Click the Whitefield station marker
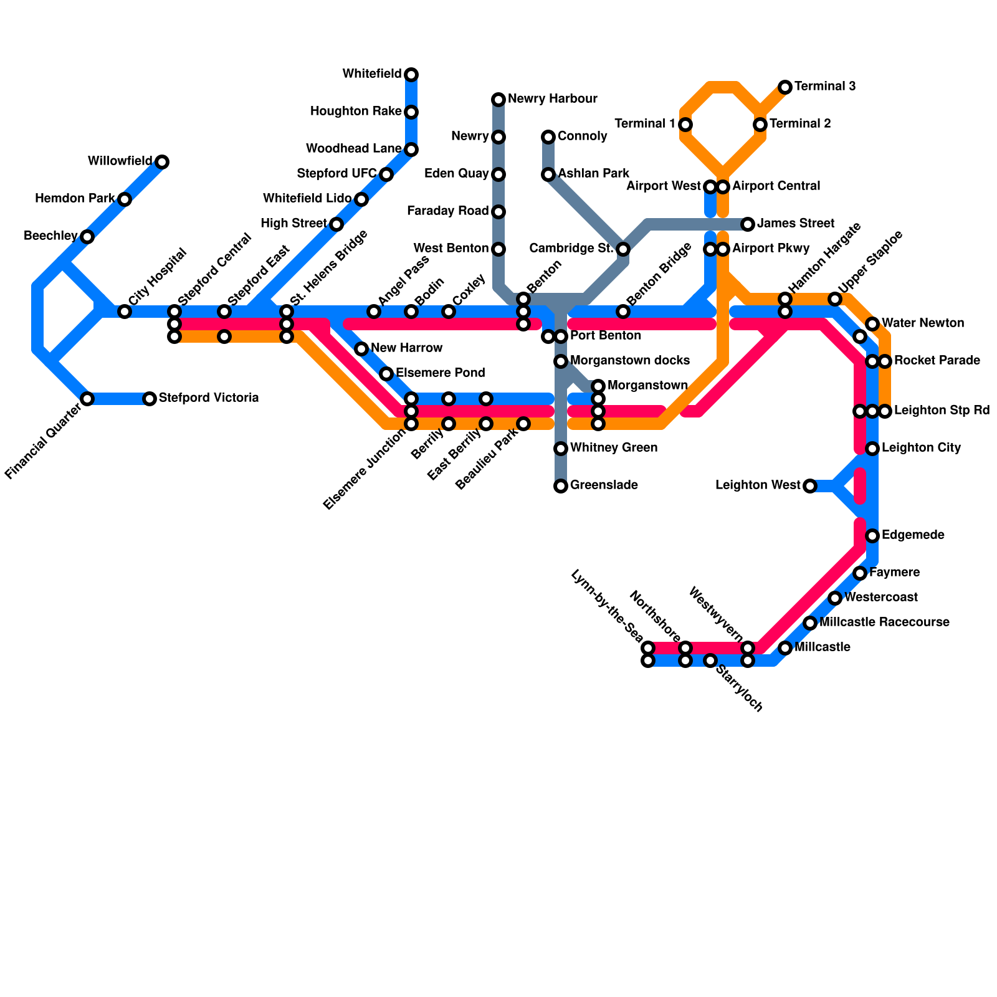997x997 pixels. [x=411, y=75]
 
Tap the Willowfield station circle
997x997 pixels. [x=162, y=162]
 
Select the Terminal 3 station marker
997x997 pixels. [x=785, y=87]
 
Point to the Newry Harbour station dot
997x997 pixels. [x=499, y=100]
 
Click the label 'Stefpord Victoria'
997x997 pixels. [x=209, y=398]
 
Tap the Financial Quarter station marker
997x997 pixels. [x=87, y=399]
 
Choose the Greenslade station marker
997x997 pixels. [x=561, y=486]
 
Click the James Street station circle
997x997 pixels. [x=748, y=224]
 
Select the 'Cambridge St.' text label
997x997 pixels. [x=571, y=249]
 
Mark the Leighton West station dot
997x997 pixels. [x=809, y=486]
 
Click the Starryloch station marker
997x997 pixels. [x=710, y=661]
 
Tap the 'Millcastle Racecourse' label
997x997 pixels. [x=884, y=623]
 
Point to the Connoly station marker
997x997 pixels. [x=548, y=137]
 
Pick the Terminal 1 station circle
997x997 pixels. [x=685, y=125]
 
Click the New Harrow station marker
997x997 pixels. [x=361, y=349]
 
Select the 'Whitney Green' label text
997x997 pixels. [x=614, y=448]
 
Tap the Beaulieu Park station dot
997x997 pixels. [x=523, y=424]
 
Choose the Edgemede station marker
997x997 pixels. [x=872, y=536]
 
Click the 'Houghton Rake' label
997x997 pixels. [x=355, y=112]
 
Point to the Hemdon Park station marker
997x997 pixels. [x=125, y=199]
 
